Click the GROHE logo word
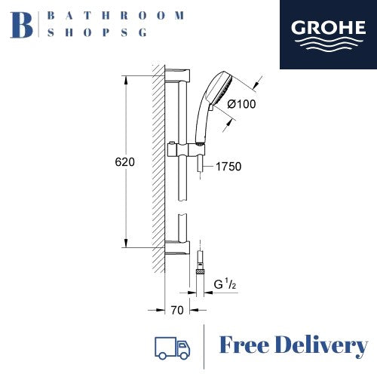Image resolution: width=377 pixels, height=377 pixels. click(x=328, y=28)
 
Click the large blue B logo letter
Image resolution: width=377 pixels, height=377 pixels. click(x=22, y=25)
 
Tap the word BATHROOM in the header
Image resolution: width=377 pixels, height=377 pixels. click(x=116, y=16)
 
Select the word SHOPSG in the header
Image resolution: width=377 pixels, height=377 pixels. click(x=97, y=32)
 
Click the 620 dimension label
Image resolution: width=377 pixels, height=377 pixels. click(x=124, y=162)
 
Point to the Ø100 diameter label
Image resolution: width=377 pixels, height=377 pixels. click(x=241, y=104)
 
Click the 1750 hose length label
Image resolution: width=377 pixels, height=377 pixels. click(x=228, y=167)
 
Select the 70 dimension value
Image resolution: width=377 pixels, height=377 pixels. click(x=177, y=311)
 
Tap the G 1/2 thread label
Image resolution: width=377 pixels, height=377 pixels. click(x=225, y=284)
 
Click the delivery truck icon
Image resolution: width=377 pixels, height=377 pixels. click(x=172, y=348)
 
